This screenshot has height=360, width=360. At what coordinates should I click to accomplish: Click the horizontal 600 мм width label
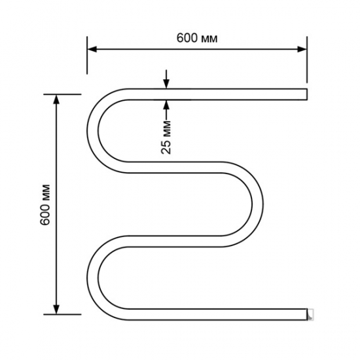click(x=197, y=38)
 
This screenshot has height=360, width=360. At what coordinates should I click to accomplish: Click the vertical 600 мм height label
click(x=45, y=205)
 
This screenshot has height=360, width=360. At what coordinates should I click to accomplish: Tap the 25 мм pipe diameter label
click(x=166, y=137)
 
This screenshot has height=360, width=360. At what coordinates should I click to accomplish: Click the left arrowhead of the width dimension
click(x=92, y=49)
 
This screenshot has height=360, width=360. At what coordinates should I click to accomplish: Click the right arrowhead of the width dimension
click(x=302, y=49)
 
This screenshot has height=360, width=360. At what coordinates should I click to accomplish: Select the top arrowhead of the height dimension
click(x=56, y=99)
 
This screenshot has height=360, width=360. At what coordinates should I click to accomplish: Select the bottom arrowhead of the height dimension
click(x=56, y=309)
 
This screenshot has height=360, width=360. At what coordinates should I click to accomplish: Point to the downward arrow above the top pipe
click(x=166, y=79)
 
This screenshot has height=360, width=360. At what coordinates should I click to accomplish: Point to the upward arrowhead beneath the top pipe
click(x=166, y=105)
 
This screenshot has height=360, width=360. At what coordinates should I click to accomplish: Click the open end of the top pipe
click(x=307, y=94)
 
